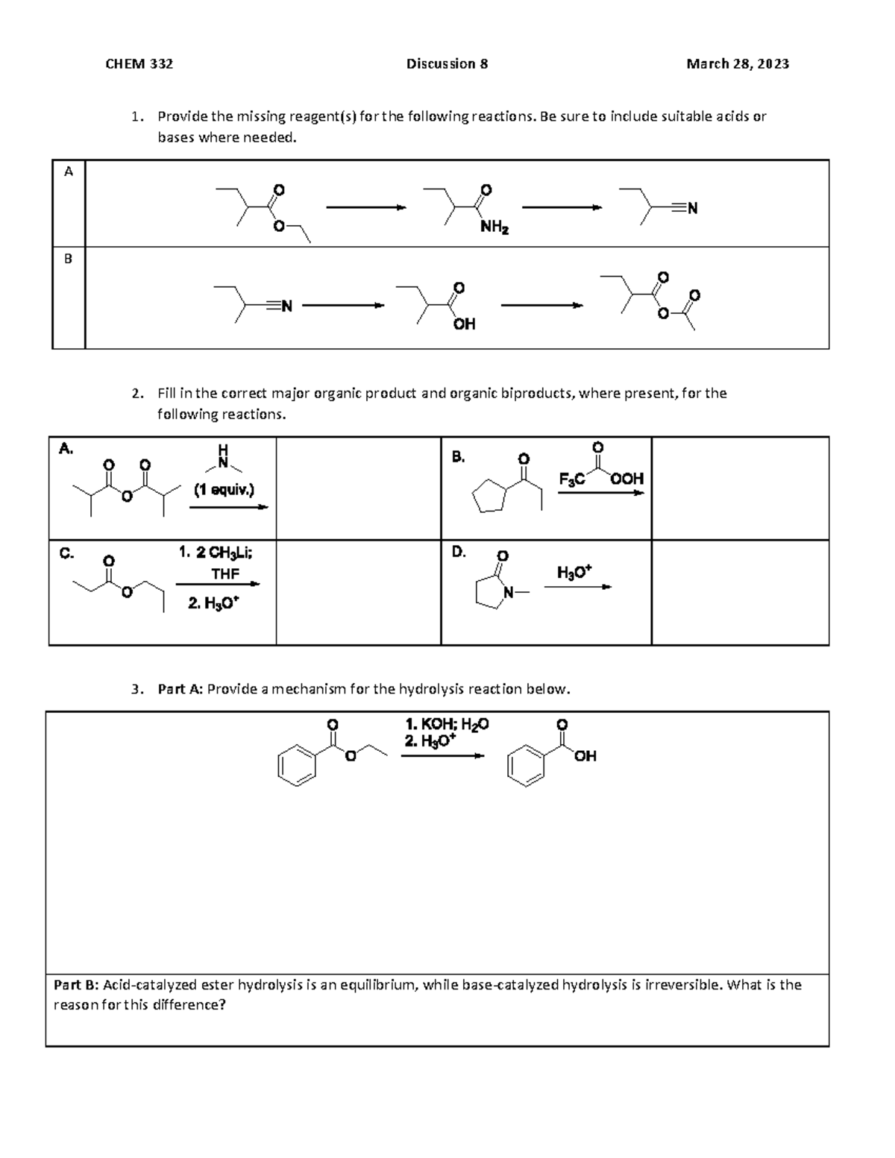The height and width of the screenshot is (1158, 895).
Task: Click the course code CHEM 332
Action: (139, 64)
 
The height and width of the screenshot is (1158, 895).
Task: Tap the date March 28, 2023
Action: (737, 64)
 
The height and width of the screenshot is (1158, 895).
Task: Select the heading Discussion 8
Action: (447, 64)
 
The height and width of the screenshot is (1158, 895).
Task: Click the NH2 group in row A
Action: (494, 227)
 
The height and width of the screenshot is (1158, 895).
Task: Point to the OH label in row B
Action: (464, 324)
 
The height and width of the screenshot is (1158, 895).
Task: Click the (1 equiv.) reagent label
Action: (224, 490)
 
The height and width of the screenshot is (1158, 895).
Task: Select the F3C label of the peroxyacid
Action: (571, 479)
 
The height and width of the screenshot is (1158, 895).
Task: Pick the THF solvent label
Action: (225, 574)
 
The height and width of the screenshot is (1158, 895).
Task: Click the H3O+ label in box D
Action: (574, 573)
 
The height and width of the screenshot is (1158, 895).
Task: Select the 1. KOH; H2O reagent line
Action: (447, 723)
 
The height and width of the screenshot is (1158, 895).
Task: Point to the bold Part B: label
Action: (76, 985)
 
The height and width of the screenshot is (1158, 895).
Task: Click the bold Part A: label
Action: (180, 689)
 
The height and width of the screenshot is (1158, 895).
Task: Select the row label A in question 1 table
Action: (69, 172)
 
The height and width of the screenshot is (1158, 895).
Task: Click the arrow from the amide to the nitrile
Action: (561, 208)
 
